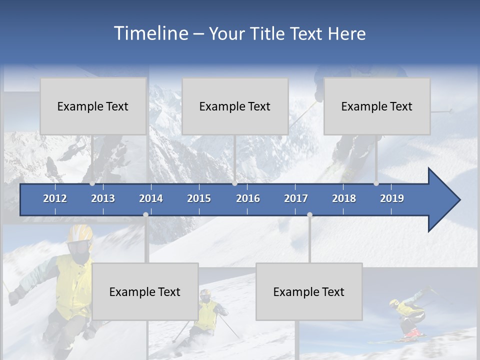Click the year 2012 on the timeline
[55, 198]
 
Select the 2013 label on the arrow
[103, 198]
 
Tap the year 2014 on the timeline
[151, 198]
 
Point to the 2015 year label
[199, 198]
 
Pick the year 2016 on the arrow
[248, 198]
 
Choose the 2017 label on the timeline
[296, 198]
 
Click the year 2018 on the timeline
[344, 198]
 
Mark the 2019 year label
[392, 198]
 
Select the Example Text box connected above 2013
[93, 106]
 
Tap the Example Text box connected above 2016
[235, 106]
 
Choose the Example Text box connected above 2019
[377, 106]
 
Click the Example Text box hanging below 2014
[145, 291]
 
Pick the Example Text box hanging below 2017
[309, 291]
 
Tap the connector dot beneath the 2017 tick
[309, 215]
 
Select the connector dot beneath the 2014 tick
[145, 215]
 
